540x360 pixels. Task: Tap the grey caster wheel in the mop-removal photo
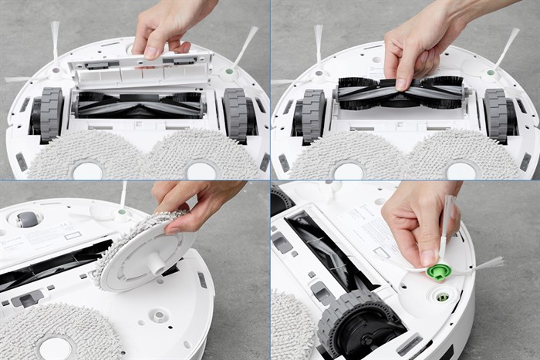28,220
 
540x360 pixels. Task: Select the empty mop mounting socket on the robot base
159,315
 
